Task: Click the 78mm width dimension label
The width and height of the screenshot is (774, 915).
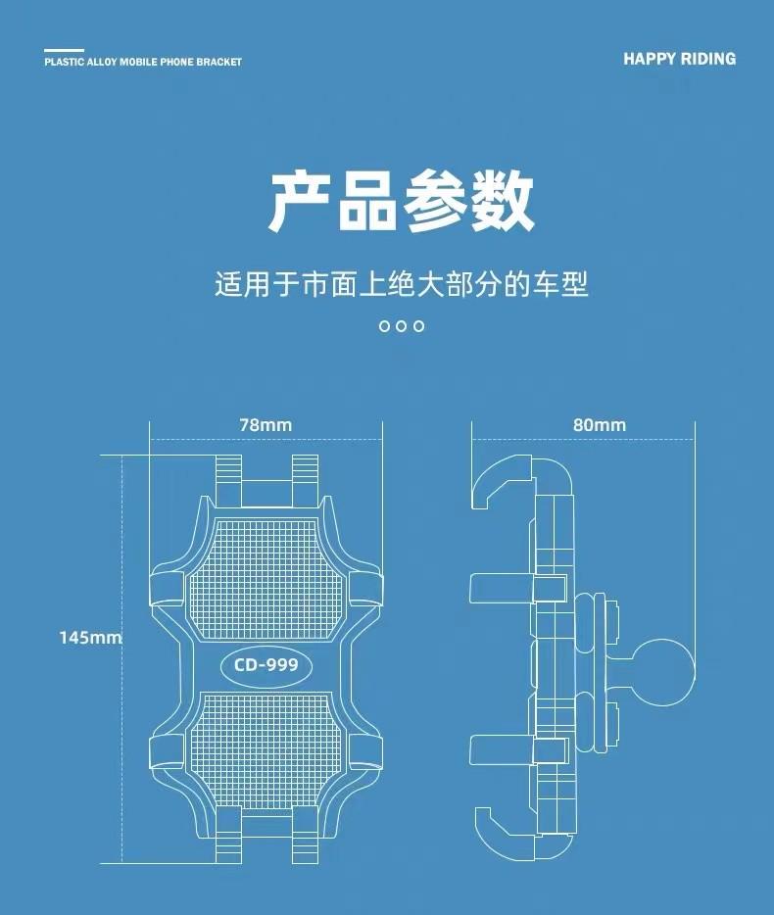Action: [x=266, y=425]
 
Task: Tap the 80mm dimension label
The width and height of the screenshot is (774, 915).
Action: [x=599, y=425]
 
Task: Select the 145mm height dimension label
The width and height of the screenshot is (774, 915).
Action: [x=90, y=638]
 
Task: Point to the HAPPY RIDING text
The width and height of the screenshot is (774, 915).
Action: [x=679, y=59]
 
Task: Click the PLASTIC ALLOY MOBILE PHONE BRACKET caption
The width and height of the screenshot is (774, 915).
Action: [x=143, y=62]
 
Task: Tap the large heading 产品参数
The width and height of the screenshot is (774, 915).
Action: [x=402, y=203]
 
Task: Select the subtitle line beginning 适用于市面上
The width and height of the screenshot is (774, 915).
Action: [x=402, y=285]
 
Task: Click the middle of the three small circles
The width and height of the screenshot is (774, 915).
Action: [x=402, y=326]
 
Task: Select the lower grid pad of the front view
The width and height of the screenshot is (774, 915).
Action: [x=266, y=752]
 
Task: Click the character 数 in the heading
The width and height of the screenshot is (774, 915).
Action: [x=502, y=203]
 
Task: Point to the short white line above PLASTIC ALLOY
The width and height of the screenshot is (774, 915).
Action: [x=65, y=49]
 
